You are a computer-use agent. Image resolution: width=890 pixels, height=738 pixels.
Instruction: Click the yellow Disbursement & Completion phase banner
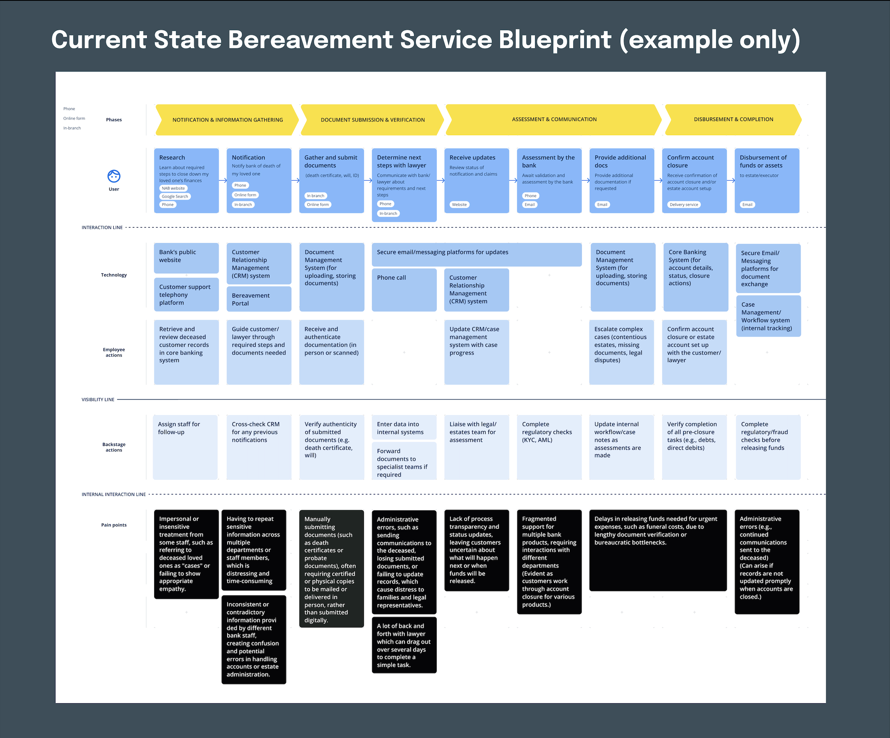pos(733,119)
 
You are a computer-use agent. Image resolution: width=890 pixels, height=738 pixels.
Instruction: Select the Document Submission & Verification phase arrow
pos(372,120)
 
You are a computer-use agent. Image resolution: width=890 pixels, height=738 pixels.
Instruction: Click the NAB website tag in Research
pos(173,188)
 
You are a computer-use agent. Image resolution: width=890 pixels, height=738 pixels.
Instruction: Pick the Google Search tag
pos(174,196)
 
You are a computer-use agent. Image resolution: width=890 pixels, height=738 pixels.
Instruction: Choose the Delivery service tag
pos(684,205)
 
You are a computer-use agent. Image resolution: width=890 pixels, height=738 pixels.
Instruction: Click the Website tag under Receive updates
pos(459,205)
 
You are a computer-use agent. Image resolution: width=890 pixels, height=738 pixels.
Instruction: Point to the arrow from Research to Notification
pos(222,180)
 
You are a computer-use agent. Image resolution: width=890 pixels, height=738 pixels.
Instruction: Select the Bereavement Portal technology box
pos(258,299)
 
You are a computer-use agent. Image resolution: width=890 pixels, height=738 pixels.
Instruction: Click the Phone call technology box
pos(404,289)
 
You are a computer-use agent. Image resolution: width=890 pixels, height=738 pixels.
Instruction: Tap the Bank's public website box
pos(186,257)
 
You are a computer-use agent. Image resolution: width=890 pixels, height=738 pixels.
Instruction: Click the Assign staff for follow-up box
pos(185,447)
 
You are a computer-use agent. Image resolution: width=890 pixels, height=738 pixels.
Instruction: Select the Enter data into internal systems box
pos(404,428)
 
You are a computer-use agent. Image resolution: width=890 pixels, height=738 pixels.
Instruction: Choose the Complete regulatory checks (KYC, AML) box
pos(549,447)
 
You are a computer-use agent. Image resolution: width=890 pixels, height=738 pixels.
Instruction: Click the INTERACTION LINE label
pos(102,228)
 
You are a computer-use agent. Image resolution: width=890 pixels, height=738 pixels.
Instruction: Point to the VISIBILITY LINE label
pos(98,400)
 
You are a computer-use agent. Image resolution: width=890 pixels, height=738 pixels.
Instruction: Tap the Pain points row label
pos(114,525)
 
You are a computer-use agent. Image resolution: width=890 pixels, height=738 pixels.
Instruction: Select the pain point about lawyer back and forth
pos(404,645)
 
